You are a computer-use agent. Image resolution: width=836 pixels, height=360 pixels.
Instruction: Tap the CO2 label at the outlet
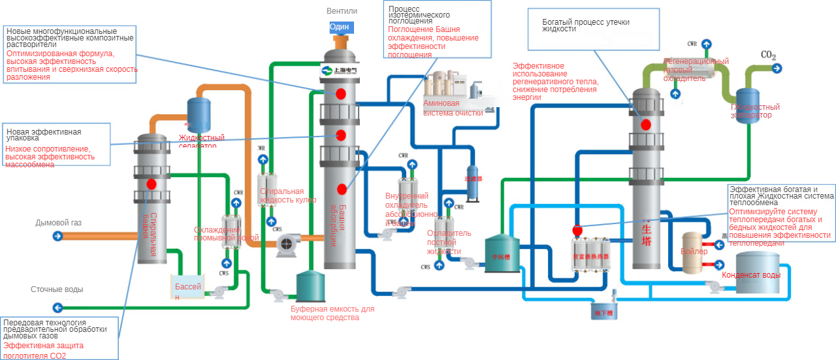[769, 56]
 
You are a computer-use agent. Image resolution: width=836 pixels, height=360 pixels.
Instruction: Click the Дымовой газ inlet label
[59, 223]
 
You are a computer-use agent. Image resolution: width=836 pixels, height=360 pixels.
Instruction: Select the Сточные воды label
[57, 289]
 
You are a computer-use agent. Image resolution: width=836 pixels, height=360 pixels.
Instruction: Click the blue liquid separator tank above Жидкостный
[199, 112]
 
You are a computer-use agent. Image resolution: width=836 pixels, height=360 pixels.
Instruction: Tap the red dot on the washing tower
[152, 184]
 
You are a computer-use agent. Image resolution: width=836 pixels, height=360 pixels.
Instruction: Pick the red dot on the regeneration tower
[646, 124]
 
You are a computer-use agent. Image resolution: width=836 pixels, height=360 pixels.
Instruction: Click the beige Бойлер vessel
[694, 252]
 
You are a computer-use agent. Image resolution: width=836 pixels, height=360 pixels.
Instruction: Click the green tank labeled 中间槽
[502, 255]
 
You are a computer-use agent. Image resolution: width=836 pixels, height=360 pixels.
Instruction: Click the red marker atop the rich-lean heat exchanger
[577, 230]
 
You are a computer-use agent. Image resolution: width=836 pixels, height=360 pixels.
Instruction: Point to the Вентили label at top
[342, 11]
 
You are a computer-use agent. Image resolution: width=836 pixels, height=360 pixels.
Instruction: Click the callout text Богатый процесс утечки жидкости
[585, 25]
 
